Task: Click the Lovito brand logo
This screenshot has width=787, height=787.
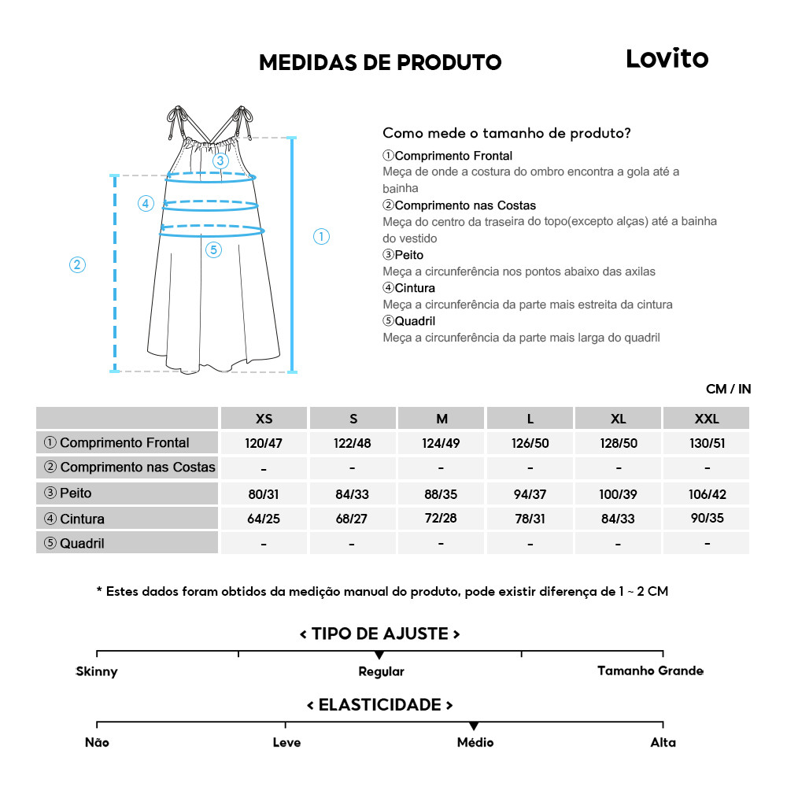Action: click(667, 59)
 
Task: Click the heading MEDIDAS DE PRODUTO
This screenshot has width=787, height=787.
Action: click(380, 62)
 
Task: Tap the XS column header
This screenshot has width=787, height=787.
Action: click(264, 419)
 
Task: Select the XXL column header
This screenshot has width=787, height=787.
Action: click(707, 419)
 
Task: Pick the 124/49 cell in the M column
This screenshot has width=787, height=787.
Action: click(441, 443)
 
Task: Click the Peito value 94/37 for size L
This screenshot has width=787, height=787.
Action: click(530, 494)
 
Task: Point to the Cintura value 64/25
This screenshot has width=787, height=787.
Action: click(264, 519)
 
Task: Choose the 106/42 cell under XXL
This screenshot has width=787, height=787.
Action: click(707, 494)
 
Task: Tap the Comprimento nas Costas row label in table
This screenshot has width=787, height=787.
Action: click(130, 467)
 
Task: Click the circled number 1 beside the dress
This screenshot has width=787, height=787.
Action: click(321, 236)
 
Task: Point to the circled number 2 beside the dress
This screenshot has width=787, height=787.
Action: click(77, 265)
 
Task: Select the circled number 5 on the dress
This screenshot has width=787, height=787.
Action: click(214, 250)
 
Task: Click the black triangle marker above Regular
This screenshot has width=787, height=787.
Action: click(379, 655)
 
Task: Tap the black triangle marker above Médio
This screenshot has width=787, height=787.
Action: click(474, 726)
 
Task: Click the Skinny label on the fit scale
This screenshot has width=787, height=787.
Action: click(97, 671)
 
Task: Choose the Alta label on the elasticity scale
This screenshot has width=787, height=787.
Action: click(663, 742)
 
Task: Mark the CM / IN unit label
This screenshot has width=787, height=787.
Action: click(728, 389)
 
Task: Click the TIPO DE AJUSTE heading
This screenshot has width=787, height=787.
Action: click(380, 634)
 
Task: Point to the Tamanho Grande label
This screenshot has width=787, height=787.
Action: click(650, 671)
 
